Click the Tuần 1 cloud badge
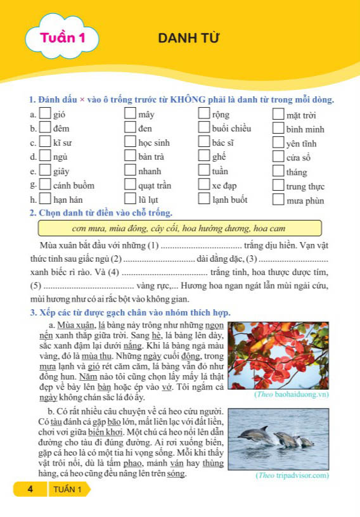(x=62, y=39)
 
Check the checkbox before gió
(x=45, y=114)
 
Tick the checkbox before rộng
(x=204, y=114)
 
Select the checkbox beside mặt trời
(x=278, y=115)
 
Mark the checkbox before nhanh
(x=130, y=170)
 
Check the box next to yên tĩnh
(x=278, y=143)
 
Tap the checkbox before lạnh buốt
(x=204, y=199)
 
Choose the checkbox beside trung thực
(x=278, y=186)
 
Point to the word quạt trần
(x=157, y=186)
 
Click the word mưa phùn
(x=305, y=201)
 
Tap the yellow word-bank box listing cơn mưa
(x=180, y=228)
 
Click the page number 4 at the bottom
(x=29, y=490)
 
